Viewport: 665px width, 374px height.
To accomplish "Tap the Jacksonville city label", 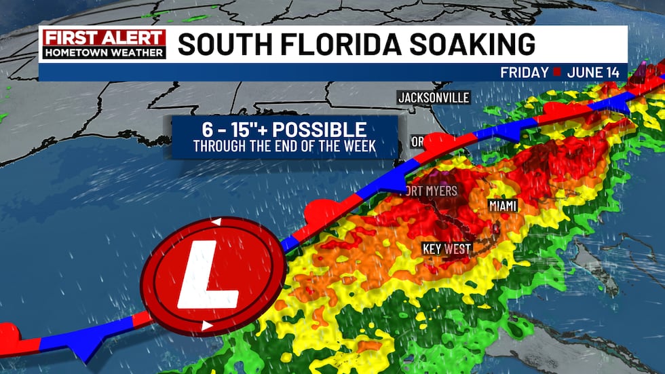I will [x=434, y=98].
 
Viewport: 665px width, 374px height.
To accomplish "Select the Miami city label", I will [x=503, y=205].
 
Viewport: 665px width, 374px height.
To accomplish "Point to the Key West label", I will [x=446, y=249].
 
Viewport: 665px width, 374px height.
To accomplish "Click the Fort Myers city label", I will [x=432, y=191].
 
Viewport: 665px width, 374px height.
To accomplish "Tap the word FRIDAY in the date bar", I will [x=525, y=72].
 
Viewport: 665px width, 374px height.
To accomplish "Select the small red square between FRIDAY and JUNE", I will [x=556, y=72].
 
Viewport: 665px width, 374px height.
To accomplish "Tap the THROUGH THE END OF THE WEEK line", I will [x=284, y=146].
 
